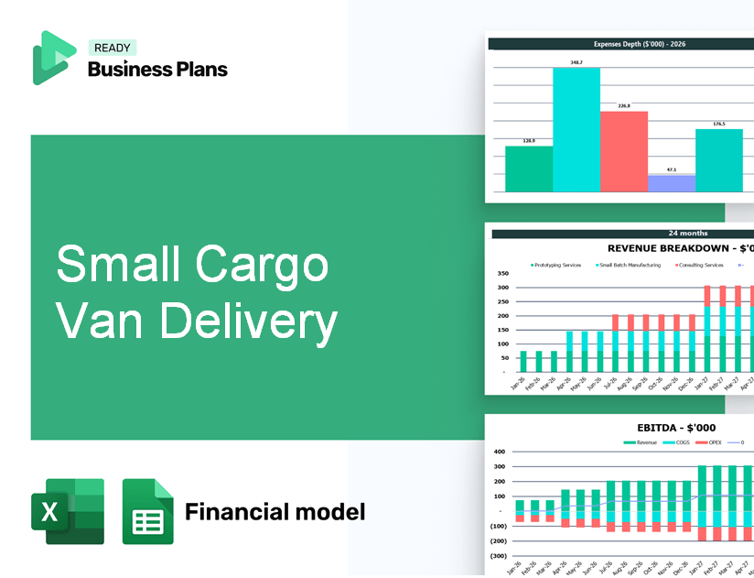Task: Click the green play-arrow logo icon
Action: [x=53, y=58]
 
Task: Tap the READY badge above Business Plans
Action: [x=112, y=48]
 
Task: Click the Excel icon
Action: [x=68, y=511]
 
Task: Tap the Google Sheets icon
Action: [x=147, y=511]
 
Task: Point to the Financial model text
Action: [x=275, y=511]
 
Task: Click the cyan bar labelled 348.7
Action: [x=576, y=128]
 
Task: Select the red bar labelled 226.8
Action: [x=624, y=151]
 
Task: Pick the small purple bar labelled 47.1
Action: [x=671, y=183]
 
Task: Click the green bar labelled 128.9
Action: [x=529, y=169]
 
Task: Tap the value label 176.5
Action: [x=718, y=124]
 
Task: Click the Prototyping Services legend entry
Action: [x=556, y=265]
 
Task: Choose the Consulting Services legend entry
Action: [x=699, y=265]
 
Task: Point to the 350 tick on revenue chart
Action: [x=501, y=274]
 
